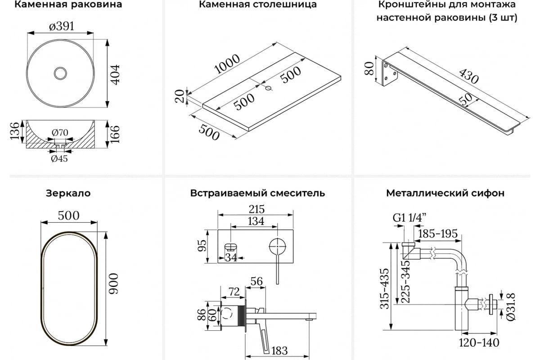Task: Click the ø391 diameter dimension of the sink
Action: point(61,26)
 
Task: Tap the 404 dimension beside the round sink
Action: point(116,74)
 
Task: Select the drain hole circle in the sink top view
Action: point(60,73)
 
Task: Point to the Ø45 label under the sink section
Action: point(59,158)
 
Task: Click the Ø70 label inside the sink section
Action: point(59,133)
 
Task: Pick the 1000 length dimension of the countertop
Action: point(227,64)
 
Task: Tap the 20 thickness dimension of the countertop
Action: point(180,96)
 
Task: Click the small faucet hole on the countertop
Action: point(269,88)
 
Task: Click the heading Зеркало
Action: point(68,193)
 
